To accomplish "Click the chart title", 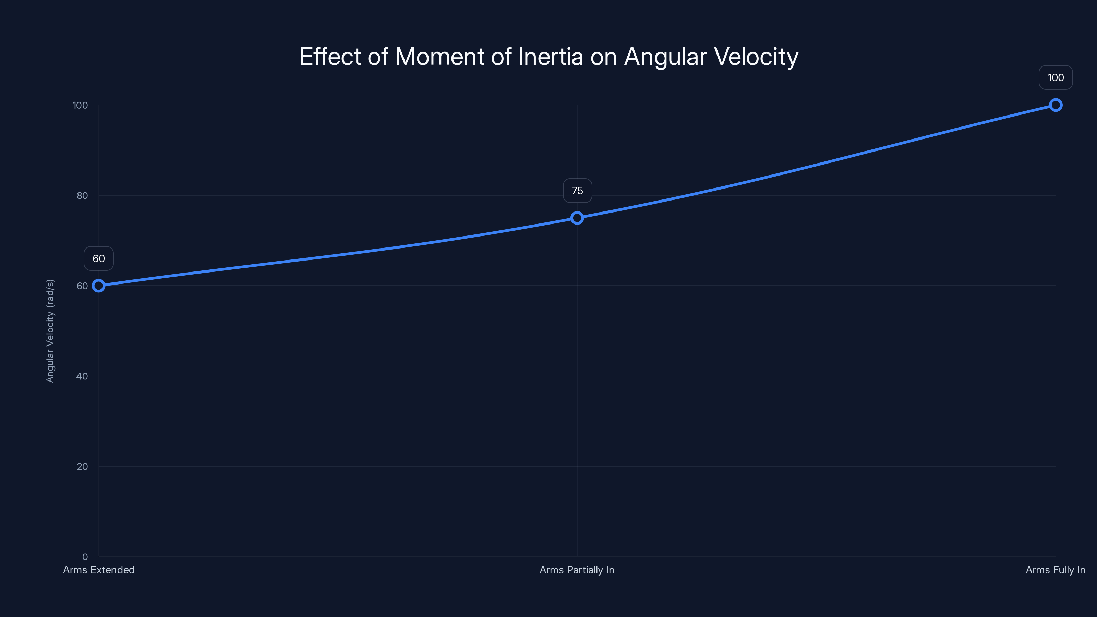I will point(548,57).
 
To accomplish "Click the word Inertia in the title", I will point(550,57).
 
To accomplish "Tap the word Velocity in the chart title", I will point(756,57).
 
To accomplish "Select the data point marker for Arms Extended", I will point(99,286).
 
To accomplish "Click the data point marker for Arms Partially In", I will point(577,218).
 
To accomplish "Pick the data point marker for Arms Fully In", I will point(1055,105).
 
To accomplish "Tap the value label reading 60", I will point(99,258).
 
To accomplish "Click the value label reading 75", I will point(577,191).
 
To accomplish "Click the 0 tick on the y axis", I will point(85,557).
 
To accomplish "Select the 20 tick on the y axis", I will point(82,467).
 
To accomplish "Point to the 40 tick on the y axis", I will point(82,376).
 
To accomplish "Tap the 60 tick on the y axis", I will point(82,286).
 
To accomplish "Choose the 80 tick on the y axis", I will point(82,196).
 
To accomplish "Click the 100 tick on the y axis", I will point(80,106).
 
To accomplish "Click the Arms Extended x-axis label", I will point(99,570).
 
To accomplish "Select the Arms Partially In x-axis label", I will point(577,570).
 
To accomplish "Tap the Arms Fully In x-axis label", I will point(1055,570).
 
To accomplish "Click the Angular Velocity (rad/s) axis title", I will point(50,331).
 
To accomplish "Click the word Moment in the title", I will point(439,57).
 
